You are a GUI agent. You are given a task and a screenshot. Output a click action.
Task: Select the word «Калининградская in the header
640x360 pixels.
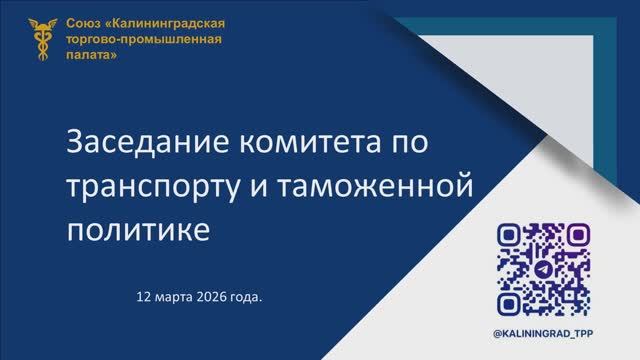tap(170, 23)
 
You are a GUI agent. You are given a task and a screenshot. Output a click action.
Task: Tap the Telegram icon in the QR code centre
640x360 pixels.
tap(542, 269)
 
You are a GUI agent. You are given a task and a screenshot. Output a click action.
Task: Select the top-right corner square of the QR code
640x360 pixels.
tap(576, 236)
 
